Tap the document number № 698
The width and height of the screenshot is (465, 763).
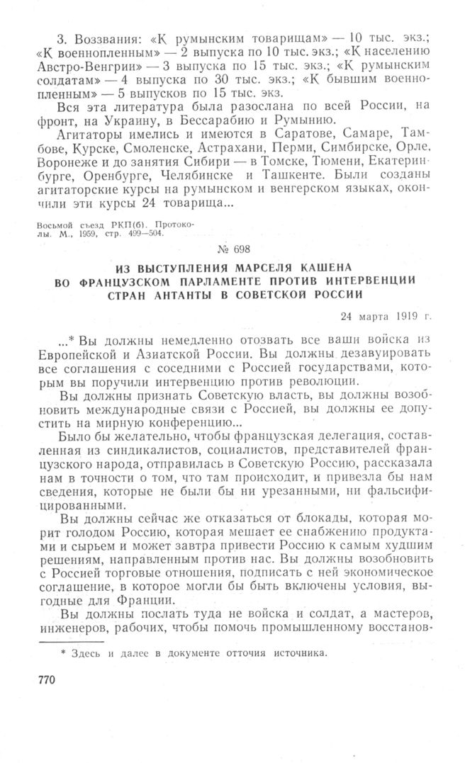point(236,248)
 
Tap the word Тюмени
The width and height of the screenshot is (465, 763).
point(297,160)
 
